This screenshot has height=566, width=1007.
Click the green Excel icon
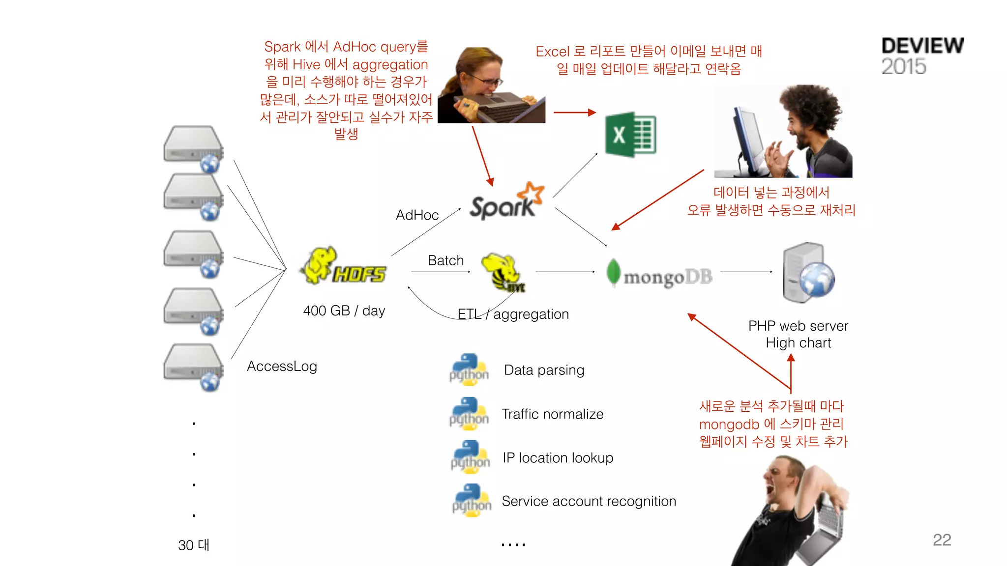(630, 135)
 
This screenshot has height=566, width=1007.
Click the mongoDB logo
(659, 275)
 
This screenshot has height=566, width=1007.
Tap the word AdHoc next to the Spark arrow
(417, 215)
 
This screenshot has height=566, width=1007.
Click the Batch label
(445, 260)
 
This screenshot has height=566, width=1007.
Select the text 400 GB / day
(344, 311)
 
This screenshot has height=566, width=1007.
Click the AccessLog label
(282, 367)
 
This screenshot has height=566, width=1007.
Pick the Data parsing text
(544, 370)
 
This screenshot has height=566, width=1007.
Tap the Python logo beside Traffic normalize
(469, 414)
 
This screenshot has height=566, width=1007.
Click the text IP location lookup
(558, 458)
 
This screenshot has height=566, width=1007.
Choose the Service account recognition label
(589, 501)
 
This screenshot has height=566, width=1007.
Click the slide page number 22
(942, 540)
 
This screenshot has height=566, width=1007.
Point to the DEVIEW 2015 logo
(922, 56)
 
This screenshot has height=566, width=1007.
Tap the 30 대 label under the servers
(194, 545)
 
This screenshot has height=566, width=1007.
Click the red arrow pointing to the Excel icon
(574, 113)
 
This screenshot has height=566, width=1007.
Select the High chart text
(798, 343)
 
